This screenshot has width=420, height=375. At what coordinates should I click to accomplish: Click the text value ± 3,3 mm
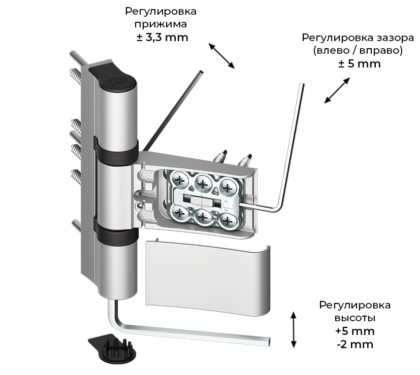click(163, 37)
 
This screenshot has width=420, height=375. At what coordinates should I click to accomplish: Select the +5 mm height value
click(354, 331)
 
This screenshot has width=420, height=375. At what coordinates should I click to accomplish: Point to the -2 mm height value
click(354, 345)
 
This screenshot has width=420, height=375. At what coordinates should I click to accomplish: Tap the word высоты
click(354, 318)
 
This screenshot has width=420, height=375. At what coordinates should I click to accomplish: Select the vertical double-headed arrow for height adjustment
click(293, 330)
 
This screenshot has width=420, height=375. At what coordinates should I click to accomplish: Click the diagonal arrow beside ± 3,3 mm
click(221, 55)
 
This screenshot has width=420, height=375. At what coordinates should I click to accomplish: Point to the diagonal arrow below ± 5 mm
click(337, 90)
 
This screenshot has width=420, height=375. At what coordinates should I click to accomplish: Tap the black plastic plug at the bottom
click(112, 348)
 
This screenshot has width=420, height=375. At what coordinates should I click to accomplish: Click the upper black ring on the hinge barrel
click(116, 150)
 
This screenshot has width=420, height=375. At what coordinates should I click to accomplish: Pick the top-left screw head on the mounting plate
click(181, 180)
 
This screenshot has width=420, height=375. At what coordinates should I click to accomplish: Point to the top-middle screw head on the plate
click(203, 180)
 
